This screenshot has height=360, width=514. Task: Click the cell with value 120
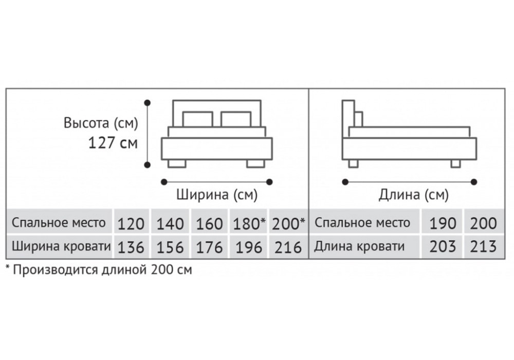pos(131,223)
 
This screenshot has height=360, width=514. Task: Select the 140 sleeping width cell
pos(170,223)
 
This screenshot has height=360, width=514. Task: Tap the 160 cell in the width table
pos(210,223)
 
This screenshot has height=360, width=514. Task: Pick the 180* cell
pos(249,223)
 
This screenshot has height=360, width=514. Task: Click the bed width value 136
pos(131,247)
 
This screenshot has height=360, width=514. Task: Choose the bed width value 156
pos(170,247)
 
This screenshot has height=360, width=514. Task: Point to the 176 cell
pos(210,247)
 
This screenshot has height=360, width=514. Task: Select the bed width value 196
pos(249,247)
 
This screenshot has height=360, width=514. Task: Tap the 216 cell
pos(288,247)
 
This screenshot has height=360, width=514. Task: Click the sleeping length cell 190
pos(443,223)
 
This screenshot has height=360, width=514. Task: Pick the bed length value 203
pos(443,246)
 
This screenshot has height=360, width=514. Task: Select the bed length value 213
pos(484,246)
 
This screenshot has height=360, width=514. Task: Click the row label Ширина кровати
pos(61,246)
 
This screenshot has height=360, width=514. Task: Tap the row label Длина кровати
pos(359,246)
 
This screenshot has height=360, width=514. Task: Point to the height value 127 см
pos(113,143)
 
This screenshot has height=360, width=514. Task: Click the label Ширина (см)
pos(217,194)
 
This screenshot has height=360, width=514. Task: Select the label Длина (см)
pos(413,195)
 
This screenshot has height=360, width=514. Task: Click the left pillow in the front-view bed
pos(198,119)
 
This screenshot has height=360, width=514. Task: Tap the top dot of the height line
pos(148,103)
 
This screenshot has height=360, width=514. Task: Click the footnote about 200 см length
pos(99,270)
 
